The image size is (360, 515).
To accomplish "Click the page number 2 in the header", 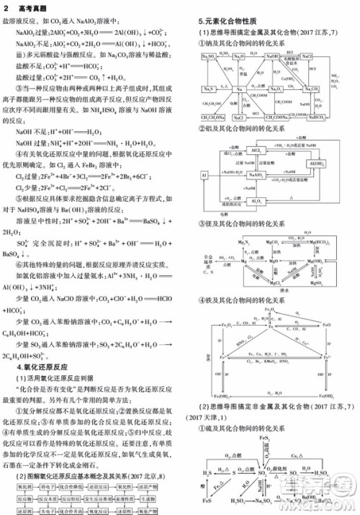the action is [6, 6].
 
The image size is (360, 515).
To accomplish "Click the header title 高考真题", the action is [29, 6].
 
